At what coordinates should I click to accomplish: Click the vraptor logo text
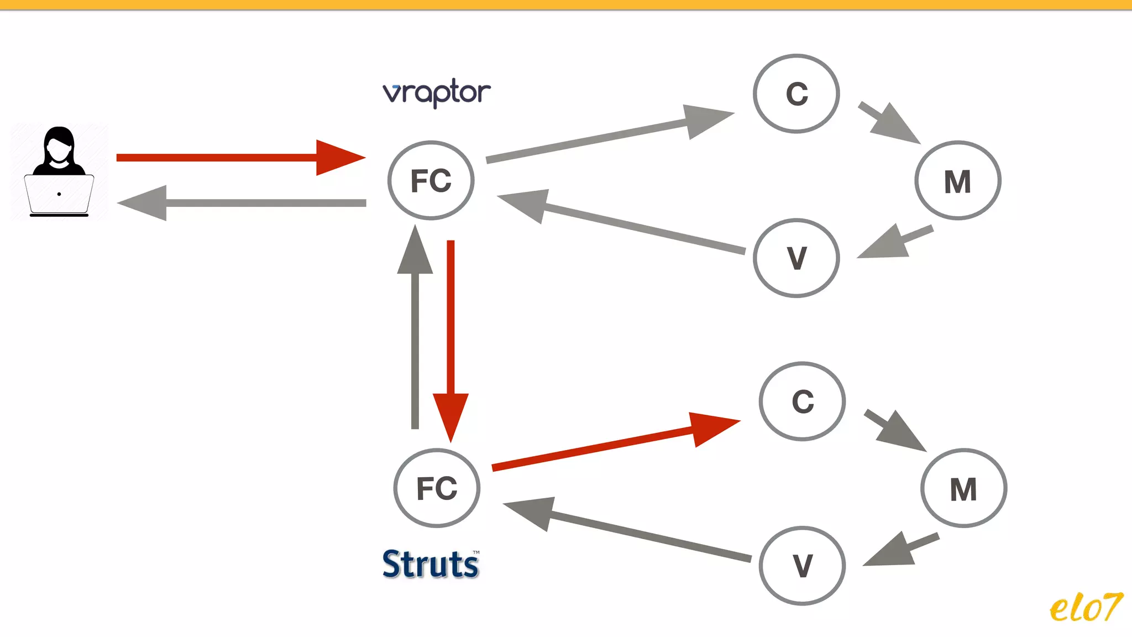(436, 93)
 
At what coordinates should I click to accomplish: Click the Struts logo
(431, 564)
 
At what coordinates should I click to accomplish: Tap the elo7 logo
(1086, 607)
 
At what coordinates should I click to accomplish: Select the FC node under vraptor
(431, 180)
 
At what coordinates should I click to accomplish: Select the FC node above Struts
(437, 488)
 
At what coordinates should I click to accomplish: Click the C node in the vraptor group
(796, 93)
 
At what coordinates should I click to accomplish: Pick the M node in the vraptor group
(957, 181)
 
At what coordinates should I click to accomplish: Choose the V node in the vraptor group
(796, 258)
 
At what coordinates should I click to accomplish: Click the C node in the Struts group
(802, 401)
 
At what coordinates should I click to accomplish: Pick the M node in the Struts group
(963, 488)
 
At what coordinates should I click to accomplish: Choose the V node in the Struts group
(802, 566)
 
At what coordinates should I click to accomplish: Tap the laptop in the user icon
(59, 195)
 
